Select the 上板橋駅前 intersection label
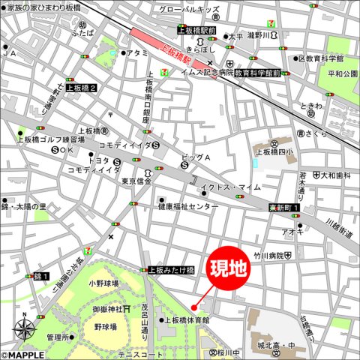(x=196, y=30)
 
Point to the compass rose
(x=25, y=328)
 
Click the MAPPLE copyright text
(x=22, y=355)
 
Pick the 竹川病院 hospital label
(x=268, y=256)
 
